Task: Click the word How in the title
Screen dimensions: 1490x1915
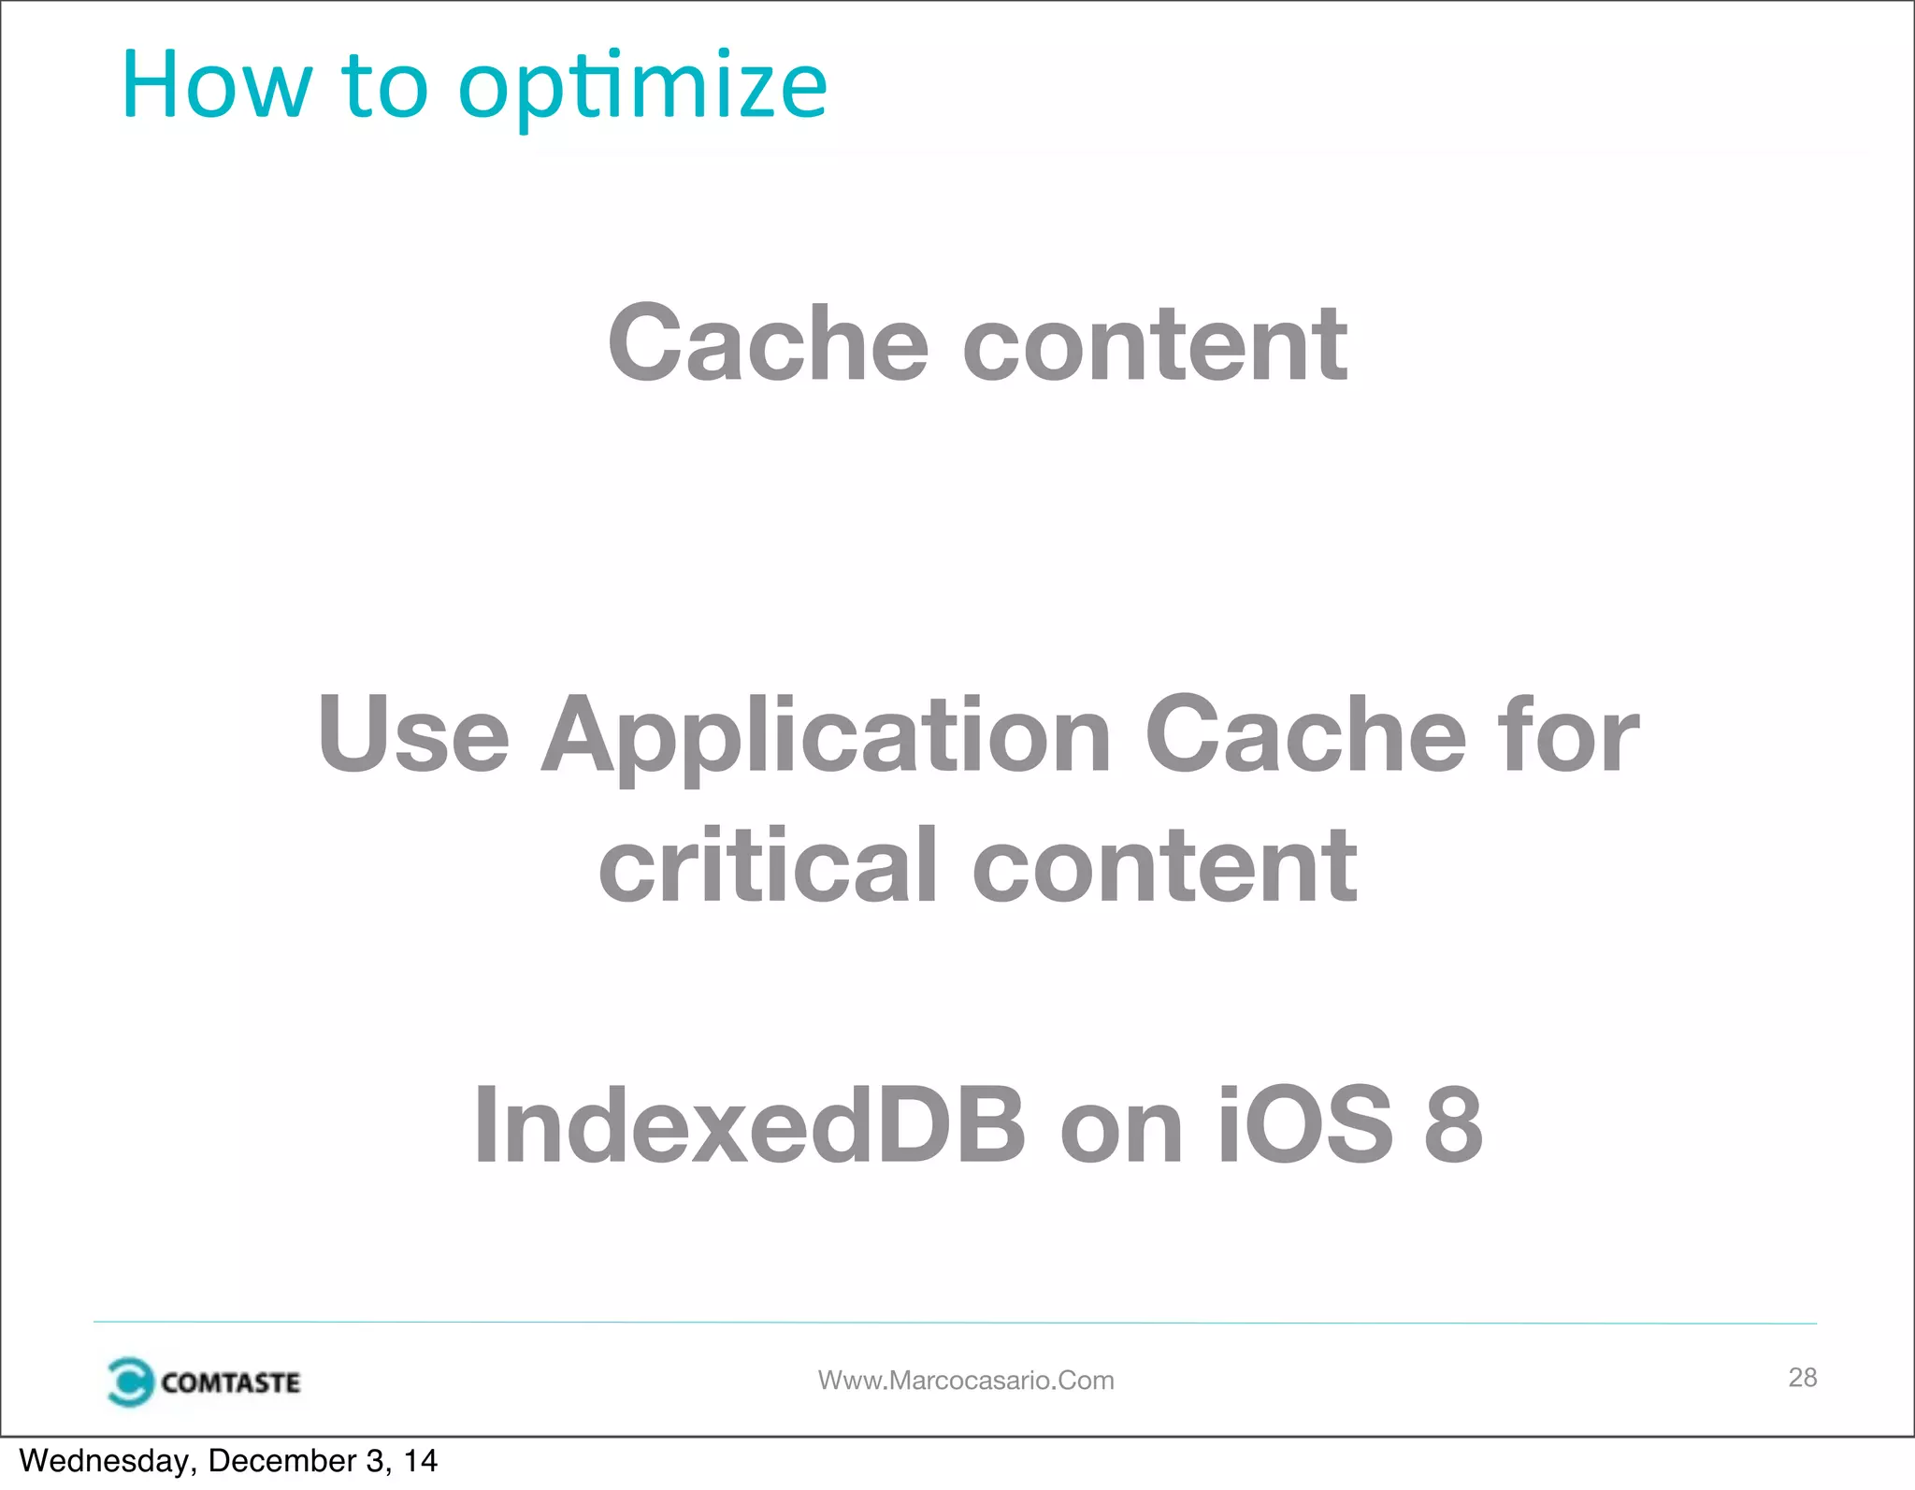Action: coord(215,86)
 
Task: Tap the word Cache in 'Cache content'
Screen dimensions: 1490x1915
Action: coord(768,344)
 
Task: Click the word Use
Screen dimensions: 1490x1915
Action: coord(412,735)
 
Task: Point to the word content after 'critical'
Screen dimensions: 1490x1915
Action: coord(1164,867)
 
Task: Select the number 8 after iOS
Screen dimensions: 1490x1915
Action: coord(1453,1126)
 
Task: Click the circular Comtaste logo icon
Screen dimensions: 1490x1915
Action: coord(129,1382)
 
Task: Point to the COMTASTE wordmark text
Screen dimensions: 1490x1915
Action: coord(230,1382)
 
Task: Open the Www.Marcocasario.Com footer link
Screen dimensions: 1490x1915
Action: coord(966,1381)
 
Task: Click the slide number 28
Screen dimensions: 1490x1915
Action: coord(1802,1377)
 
